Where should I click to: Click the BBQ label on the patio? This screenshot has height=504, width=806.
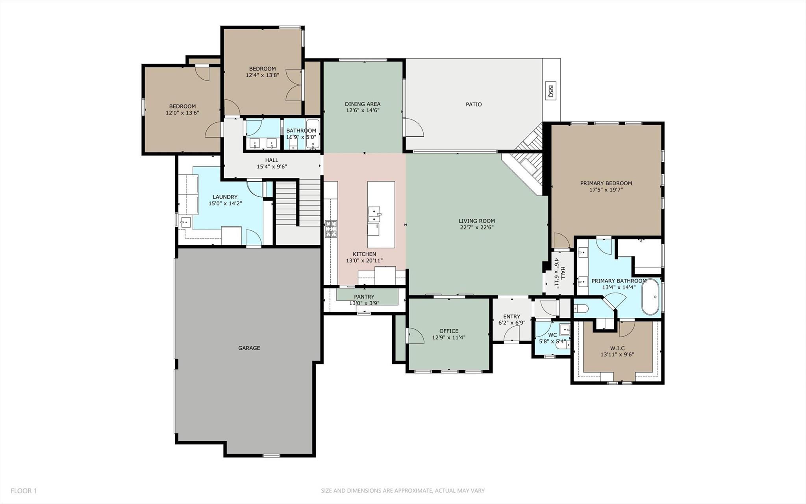coord(551,91)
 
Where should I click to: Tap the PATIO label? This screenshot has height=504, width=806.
coord(474,105)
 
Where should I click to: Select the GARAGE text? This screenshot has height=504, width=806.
coord(249,348)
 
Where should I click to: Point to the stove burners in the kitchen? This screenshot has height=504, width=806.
coord(331,229)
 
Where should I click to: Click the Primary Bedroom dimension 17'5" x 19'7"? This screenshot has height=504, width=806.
coord(606,190)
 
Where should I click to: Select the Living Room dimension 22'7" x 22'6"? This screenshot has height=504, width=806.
coord(476,227)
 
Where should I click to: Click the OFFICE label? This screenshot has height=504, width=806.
coord(449,331)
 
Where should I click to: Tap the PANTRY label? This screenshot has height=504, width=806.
coord(364,297)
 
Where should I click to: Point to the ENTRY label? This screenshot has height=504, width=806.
coord(511,316)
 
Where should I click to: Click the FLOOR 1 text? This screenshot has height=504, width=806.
coord(24,491)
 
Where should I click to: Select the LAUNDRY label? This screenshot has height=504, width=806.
coord(225,197)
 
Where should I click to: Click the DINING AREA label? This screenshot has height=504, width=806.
coord(363,104)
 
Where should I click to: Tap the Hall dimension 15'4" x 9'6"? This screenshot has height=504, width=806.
coord(272,166)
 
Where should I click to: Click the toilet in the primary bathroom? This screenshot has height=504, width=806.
coord(581,308)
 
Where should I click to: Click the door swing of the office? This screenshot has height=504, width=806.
coord(415,336)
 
